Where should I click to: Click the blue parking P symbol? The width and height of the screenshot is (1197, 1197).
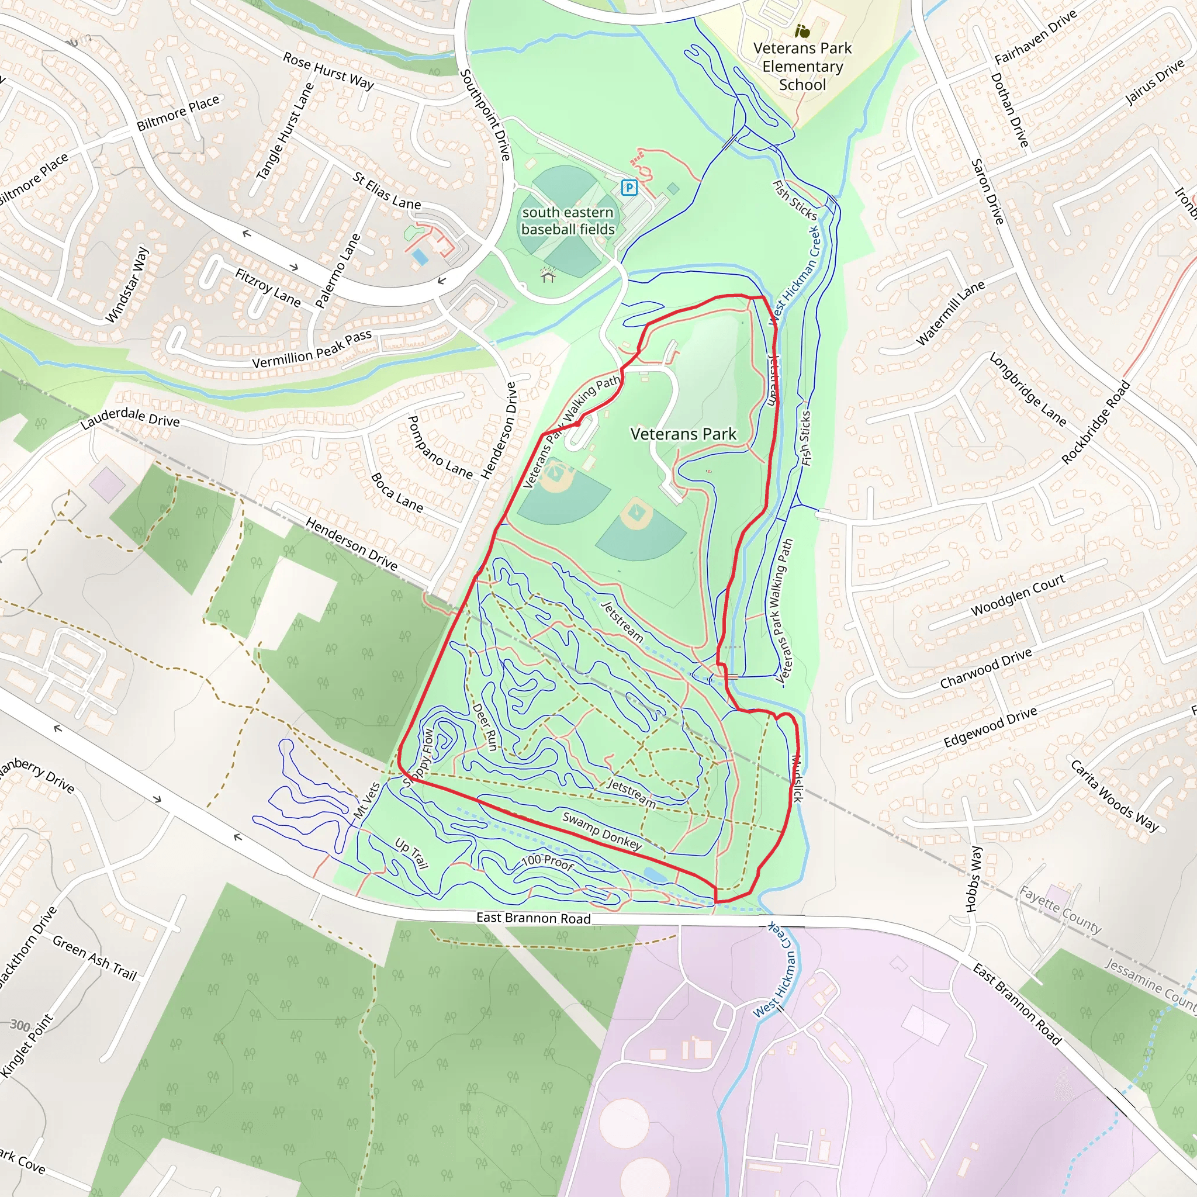pyautogui.click(x=629, y=187)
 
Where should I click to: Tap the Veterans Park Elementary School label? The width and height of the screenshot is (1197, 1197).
pyautogui.click(x=802, y=66)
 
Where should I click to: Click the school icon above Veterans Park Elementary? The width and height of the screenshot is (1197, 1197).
pyautogui.click(x=802, y=30)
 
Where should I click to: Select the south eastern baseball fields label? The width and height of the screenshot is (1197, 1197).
pyautogui.click(x=568, y=220)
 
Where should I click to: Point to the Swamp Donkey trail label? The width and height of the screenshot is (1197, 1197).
pyautogui.click(x=601, y=830)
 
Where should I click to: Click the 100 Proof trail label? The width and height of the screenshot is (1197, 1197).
pyautogui.click(x=548, y=862)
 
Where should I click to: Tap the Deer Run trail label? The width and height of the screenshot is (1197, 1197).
pyautogui.click(x=485, y=727)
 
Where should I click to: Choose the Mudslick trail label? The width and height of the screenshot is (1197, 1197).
pyautogui.click(x=797, y=778)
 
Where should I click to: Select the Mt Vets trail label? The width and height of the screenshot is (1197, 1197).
pyautogui.click(x=367, y=801)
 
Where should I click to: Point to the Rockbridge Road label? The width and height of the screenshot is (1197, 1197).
pyautogui.click(x=1095, y=423)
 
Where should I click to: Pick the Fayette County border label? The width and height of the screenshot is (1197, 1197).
pyautogui.click(x=1060, y=910)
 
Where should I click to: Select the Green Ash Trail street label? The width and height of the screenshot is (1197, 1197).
pyautogui.click(x=94, y=958)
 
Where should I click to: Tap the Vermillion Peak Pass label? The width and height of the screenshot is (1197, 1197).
pyautogui.click(x=312, y=350)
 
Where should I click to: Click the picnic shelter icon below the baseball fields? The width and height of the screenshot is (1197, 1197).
pyautogui.click(x=548, y=274)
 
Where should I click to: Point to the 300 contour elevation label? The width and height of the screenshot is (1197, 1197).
pyautogui.click(x=20, y=1025)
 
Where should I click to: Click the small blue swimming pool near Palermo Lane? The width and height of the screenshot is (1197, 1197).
pyautogui.click(x=420, y=257)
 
